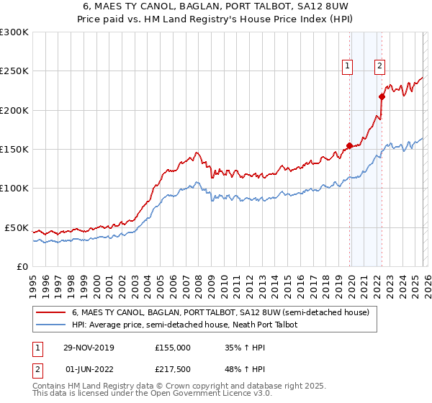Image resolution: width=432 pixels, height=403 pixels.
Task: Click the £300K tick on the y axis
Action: click(14, 32)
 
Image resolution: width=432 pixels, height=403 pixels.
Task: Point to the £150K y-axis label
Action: click(14, 150)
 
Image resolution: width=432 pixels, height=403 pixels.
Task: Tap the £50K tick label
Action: click(17, 227)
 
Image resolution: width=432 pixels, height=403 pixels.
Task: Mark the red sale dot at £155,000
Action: click(349, 145)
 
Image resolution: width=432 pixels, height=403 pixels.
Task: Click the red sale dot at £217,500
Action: click(382, 96)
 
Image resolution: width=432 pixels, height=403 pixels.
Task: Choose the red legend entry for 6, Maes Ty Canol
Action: click(220, 312)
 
